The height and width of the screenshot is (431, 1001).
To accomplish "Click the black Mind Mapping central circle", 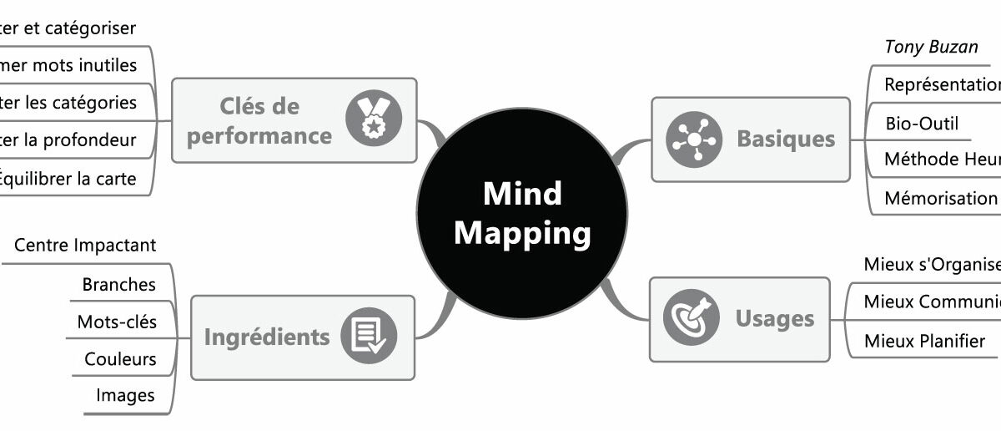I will [x=522, y=214].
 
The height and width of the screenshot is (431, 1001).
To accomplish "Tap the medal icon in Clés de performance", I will [x=374, y=119].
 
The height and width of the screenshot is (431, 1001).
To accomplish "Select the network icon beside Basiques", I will [x=693, y=139].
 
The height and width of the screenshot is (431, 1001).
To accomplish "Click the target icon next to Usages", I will [x=691, y=318].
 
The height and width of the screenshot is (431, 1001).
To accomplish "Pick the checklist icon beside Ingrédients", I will [x=368, y=337].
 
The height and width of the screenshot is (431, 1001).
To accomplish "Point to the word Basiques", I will [x=785, y=139].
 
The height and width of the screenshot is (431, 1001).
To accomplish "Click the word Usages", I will [x=774, y=318].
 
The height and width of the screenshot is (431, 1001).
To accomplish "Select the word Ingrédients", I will [x=267, y=337].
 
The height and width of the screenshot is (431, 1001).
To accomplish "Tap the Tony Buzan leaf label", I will [x=931, y=47].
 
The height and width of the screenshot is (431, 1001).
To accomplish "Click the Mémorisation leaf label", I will [x=941, y=198].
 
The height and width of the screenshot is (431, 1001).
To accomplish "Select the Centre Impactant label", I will [x=85, y=246].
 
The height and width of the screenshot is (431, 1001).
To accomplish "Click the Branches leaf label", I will [x=118, y=284].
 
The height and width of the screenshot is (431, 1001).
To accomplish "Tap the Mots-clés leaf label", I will [x=117, y=322].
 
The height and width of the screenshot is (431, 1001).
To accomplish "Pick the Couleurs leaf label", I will [x=120, y=359].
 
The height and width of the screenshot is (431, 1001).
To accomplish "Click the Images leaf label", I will [x=125, y=396].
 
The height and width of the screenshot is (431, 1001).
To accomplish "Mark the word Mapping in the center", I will [x=522, y=233].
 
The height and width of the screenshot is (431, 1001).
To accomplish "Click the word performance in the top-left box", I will [x=259, y=135].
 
